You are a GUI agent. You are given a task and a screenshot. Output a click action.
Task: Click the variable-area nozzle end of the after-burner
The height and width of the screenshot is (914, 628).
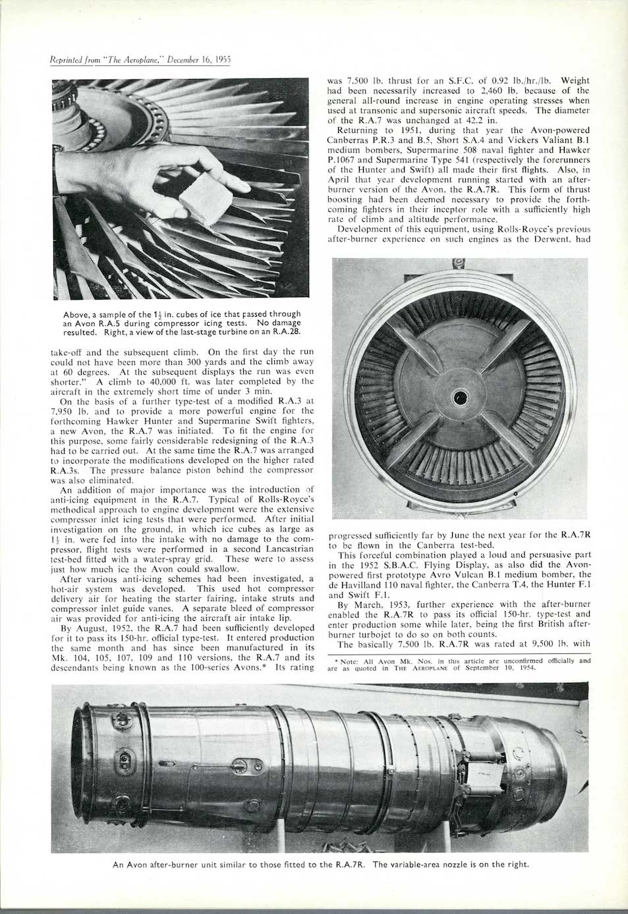(x=557, y=764)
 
